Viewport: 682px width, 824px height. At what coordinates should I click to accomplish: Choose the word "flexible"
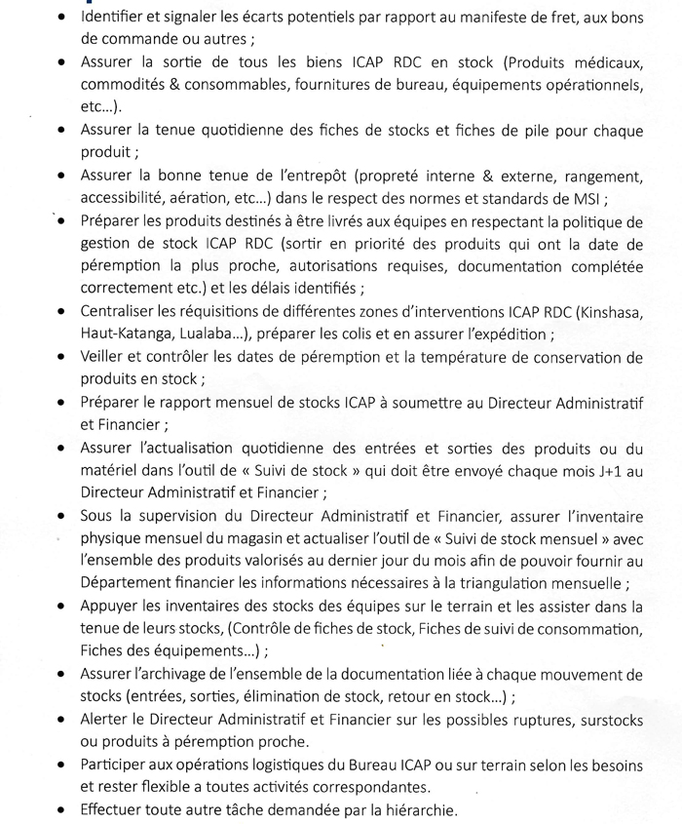pyautogui.click(x=169, y=786)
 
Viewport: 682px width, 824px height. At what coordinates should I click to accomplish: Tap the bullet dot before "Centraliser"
pyautogui.click(x=63, y=312)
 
